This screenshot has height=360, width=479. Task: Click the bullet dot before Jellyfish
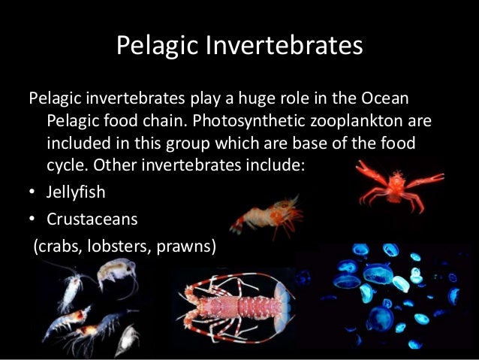32,192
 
